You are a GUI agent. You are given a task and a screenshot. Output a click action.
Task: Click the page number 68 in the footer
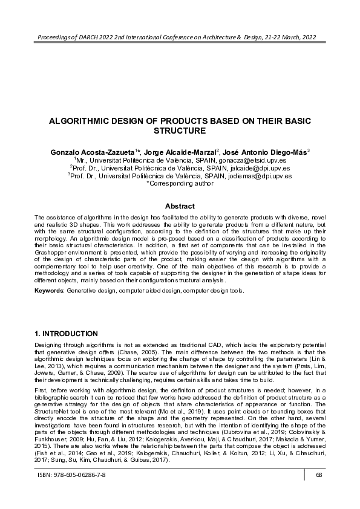[x=318, y=491]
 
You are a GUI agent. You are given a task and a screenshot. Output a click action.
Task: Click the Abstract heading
[x=180, y=206]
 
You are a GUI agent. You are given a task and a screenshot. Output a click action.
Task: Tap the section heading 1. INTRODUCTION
[x=67, y=333]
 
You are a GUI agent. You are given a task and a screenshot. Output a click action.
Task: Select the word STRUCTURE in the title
[x=180, y=130]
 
